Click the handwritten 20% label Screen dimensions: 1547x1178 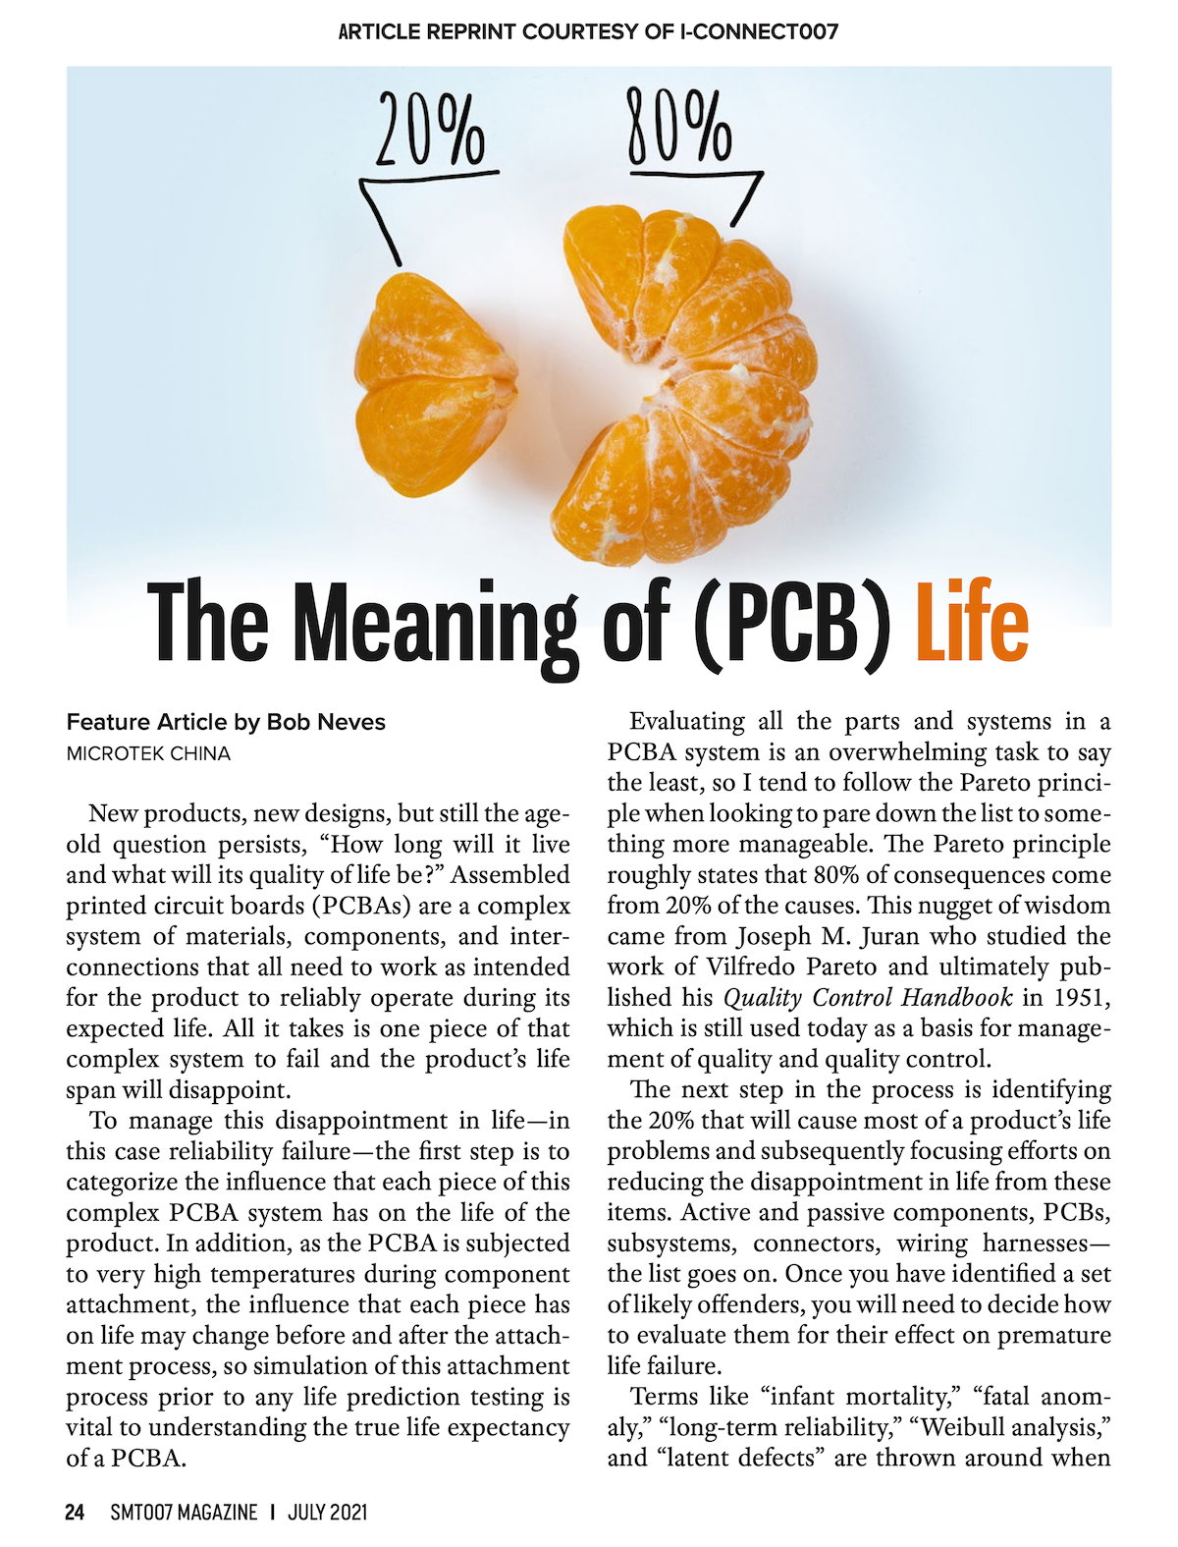[x=430, y=130]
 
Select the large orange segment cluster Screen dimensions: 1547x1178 [x=686, y=383]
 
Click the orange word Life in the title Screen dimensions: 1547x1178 [x=971, y=622]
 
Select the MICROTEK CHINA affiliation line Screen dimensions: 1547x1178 [x=148, y=753]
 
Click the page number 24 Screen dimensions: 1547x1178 [x=75, y=1512]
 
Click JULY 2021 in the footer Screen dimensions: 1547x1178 [x=327, y=1512]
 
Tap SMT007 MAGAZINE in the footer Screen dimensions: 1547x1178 [x=184, y=1512]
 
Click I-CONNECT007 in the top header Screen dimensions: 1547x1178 [x=759, y=31]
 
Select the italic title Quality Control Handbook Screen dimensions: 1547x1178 [x=868, y=998]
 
